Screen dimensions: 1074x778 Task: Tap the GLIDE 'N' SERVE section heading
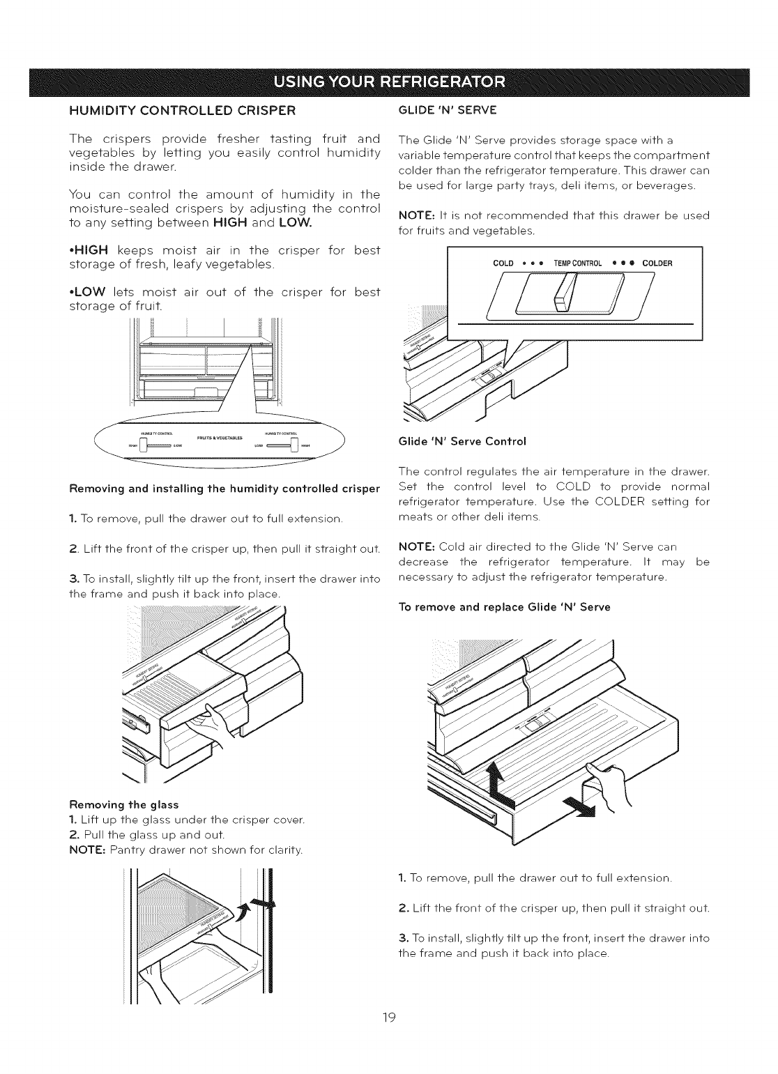pyautogui.click(x=445, y=110)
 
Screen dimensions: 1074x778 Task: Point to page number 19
pyautogui.click(x=389, y=1018)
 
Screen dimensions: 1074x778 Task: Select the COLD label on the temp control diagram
pyautogui.click(x=503, y=263)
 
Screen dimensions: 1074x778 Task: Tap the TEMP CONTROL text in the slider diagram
pyautogui.click(x=581, y=263)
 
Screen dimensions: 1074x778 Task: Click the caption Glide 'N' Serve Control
pyautogui.click(x=460, y=441)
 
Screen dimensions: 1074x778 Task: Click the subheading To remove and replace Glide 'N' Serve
pyautogui.click(x=503, y=607)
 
